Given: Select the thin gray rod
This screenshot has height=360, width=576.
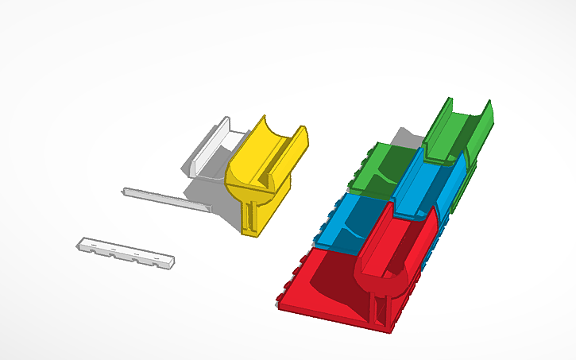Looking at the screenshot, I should click(x=167, y=199).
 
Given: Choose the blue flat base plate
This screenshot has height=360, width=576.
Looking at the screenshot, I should click(x=350, y=226).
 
